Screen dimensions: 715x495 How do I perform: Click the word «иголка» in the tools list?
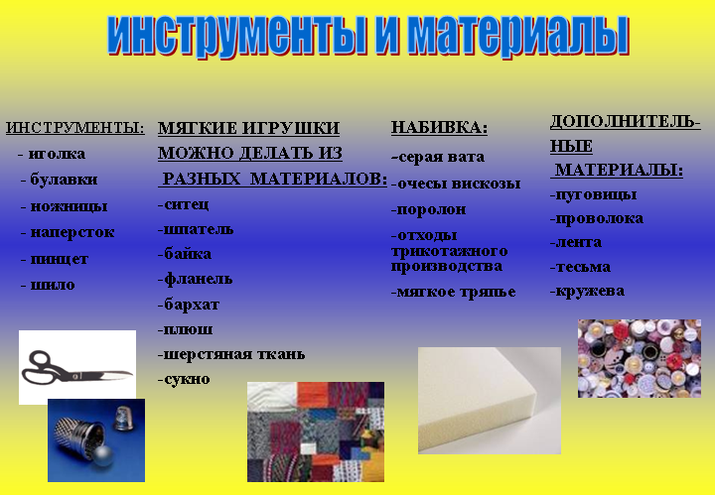(57, 154)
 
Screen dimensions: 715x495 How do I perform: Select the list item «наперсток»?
(72, 232)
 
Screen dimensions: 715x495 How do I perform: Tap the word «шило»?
(53, 285)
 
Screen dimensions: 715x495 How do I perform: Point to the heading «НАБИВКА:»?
(440, 127)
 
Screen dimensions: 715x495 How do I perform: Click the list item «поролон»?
(431, 209)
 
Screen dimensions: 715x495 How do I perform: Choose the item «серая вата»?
(441, 157)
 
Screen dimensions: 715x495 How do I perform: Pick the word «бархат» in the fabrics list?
(192, 305)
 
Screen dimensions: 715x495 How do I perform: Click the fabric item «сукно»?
(187, 379)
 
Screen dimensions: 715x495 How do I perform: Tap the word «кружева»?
(590, 291)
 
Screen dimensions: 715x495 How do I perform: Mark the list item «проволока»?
(599, 219)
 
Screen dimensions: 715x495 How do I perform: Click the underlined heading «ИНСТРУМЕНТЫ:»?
(75, 128)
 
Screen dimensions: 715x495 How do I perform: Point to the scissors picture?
(77, 367)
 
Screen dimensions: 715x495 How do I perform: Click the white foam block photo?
(490, 401)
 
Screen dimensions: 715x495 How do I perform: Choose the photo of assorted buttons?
(640, 358)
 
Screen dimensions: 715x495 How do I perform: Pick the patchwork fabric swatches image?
(316, 432)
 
